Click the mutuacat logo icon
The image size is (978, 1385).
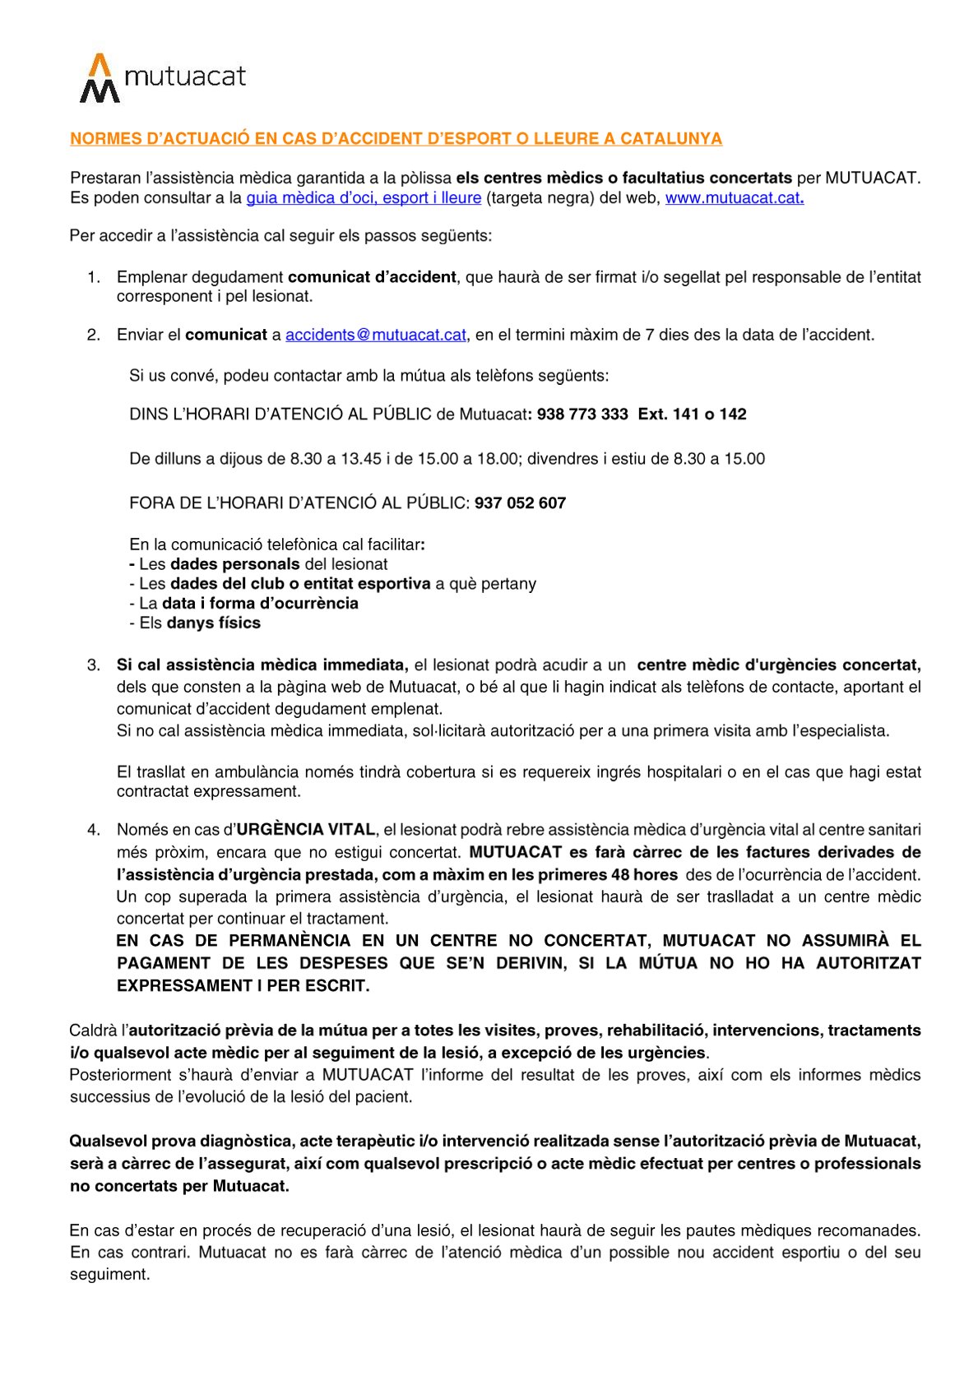click(x=99, y=79)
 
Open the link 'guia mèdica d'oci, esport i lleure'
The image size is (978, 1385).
click(x=364, y=198)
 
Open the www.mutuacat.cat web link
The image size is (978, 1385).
click(x=733, y=198)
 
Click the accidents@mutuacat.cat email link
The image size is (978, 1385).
click(x=376, y=336)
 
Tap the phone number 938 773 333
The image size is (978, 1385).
click(x=582, y=415)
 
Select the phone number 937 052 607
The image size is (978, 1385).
click(x=520, y=503)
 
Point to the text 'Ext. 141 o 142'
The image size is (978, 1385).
click(x=692, y=415)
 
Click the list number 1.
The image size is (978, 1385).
click(x=94, y=278)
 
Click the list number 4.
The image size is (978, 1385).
click(x=94, y=830)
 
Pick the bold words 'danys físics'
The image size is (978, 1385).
click(x=213, y=623)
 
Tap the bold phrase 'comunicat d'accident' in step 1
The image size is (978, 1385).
click(x=372, y=278)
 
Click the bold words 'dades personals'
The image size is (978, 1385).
click(x=235, y=565)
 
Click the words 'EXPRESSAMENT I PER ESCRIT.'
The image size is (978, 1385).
click(x=243, y=986)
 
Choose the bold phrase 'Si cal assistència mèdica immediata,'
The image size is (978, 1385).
click(x=262, y=665)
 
